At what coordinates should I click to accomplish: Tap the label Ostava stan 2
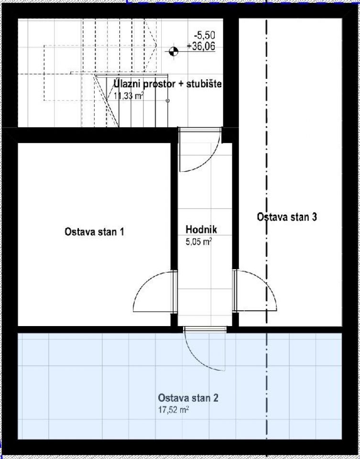pyautogui.click(x=189, y=398)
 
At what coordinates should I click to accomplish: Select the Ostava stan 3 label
pyautogui.click(x=287, y=217)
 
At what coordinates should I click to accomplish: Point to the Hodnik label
pyautogui.click(x=198, y=230)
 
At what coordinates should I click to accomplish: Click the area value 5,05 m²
pyautogui.click(x=198, y=242)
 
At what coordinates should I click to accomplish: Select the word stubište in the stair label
pyautogui.click(x=205, y=85)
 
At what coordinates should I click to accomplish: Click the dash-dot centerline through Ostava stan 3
pyautogui.click(x=266, y=143)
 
